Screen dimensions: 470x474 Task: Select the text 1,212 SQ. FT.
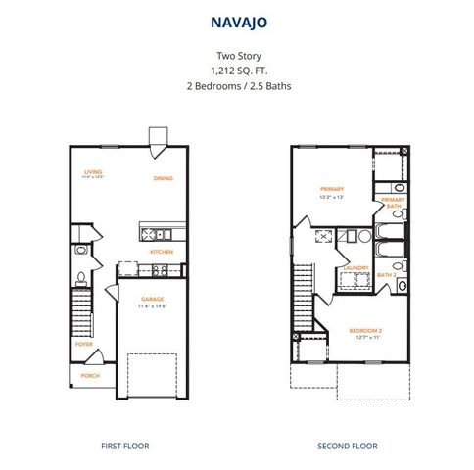click(236, 70)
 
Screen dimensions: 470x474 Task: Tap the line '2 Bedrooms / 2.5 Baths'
click(236, 85)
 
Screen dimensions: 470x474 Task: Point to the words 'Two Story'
click(236, 56)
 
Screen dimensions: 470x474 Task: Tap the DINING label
click(164, 178)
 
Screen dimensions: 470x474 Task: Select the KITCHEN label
click(162, 251)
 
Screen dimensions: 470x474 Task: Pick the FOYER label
click(85, 344)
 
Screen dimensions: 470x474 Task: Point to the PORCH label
click(89, 375)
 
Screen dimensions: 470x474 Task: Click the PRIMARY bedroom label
click(328, 188)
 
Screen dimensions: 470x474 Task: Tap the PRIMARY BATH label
click(393, 202)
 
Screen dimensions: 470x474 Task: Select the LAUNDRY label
click(355, 267)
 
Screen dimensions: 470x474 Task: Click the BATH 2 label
click(387, 275)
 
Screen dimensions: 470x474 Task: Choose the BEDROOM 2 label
click(363, 330)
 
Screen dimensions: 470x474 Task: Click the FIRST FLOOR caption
click(124, 446)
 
